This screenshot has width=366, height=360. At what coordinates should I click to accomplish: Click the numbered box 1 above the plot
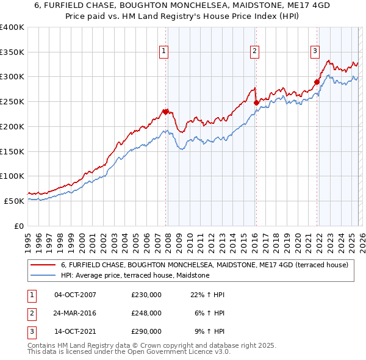pyautogui.click(x=165, y=52)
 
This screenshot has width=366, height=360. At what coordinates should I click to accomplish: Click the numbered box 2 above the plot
pyautogui.click(x=254, y=52)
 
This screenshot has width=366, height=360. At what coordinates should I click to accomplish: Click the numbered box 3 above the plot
pyautogui.click(x=315, y=52)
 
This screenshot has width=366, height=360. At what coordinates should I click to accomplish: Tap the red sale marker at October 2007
pyautogui.click(x=165, y=111)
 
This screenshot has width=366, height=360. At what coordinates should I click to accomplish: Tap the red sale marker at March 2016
pyautogui.click(x=256, y=103)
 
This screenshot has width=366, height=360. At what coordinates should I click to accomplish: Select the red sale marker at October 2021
pyautogui.click(x=317, y=82)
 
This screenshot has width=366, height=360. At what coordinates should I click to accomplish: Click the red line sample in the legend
pyautogui.click(x=44, y=265)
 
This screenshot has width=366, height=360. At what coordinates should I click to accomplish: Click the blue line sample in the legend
pyautogui.click(x=44, y=275)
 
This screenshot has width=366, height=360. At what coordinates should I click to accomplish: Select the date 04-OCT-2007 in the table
pyautogui.click(x=75, y=295)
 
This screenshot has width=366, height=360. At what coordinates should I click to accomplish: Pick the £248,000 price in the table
pyautogui.click(x=146, y=313)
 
